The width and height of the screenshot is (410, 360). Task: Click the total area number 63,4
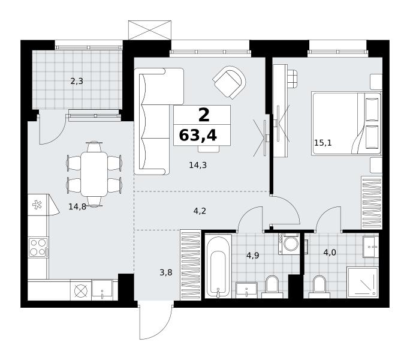(x=198, y=136)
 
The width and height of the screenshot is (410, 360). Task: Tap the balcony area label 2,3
(x=77, y=82)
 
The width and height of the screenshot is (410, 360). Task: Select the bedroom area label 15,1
(x=323, y=143)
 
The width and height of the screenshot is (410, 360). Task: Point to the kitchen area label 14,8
(x=77, y=207)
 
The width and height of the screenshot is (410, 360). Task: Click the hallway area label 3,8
(x=166, y=273)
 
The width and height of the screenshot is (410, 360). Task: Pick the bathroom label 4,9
(x=252, y=255)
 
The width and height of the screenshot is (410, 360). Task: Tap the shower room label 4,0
(x=330, y=253)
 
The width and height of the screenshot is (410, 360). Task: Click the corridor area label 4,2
(x=200, y=211)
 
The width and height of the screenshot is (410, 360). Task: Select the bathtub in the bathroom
(x=218, y=266)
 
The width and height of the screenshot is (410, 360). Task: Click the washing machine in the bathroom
(x=289, y=244)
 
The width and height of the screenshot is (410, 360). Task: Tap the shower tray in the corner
(x=363, y=283)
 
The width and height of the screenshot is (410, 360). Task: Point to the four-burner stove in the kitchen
(x=38, y=247)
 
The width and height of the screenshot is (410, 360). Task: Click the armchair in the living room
(x=230, y=82)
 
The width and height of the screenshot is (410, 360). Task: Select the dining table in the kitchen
(x=94, y=174)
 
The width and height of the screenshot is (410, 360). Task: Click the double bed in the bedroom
(x=346, y=123)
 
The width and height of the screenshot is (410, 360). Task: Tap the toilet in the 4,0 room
(x=319, y=287)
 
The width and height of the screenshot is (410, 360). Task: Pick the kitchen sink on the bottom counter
(x=102, y=290)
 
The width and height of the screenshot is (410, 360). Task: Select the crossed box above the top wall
(x=150, y=30)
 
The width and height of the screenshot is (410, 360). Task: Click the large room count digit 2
(x=204, y=115)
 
